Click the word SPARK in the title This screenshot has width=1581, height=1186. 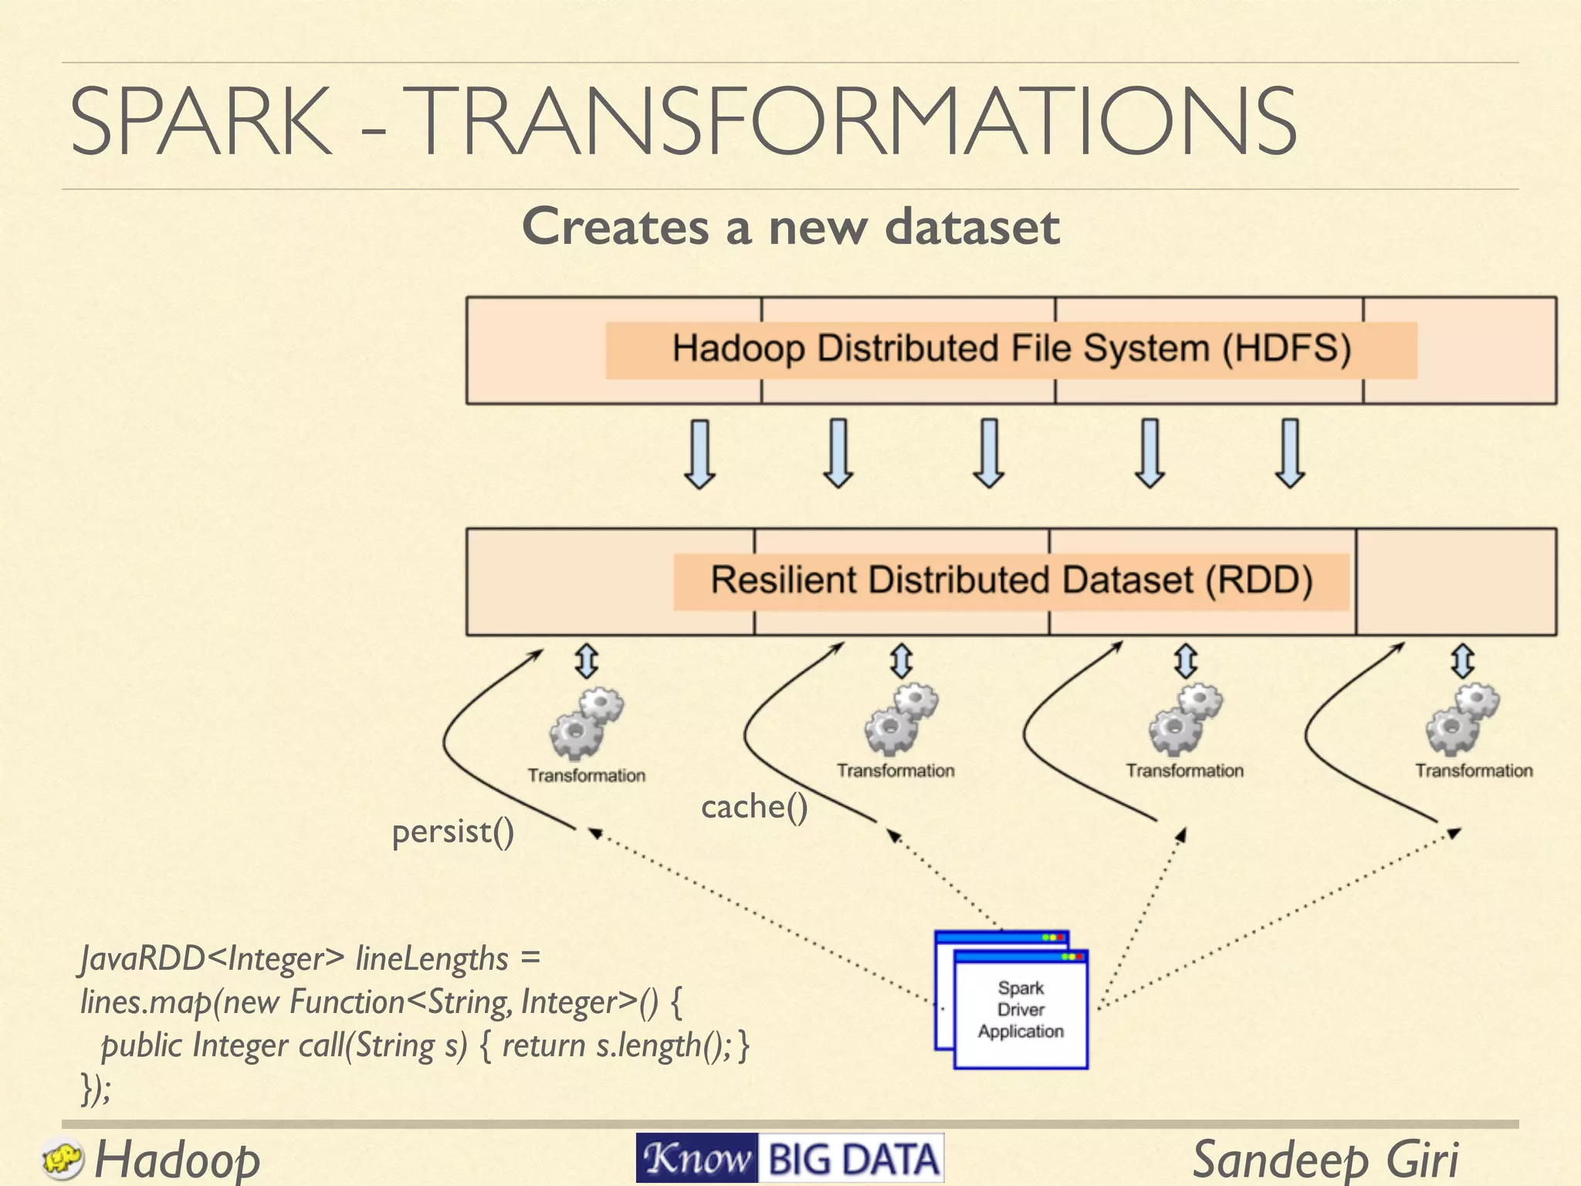point(201,122)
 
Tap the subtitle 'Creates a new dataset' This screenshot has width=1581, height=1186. point(790,227)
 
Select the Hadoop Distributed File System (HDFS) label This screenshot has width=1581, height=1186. point(1011,349)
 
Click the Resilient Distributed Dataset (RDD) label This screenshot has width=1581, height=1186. point(1011,581)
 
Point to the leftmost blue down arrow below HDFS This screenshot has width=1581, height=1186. point(699,454)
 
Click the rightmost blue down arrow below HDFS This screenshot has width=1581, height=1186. point(1290,454)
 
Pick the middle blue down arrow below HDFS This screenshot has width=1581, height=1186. point(989,454)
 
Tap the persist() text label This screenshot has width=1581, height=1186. point(453,832)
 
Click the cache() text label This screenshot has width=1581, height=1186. point(754,808)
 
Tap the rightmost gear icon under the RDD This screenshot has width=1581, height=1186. point(1461,720)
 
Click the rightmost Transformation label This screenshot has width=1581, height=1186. point(1473,771)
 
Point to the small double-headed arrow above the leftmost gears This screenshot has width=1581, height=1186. point(587,661)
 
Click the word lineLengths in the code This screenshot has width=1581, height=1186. point(432,959)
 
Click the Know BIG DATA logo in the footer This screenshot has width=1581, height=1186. point(790,1158)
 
